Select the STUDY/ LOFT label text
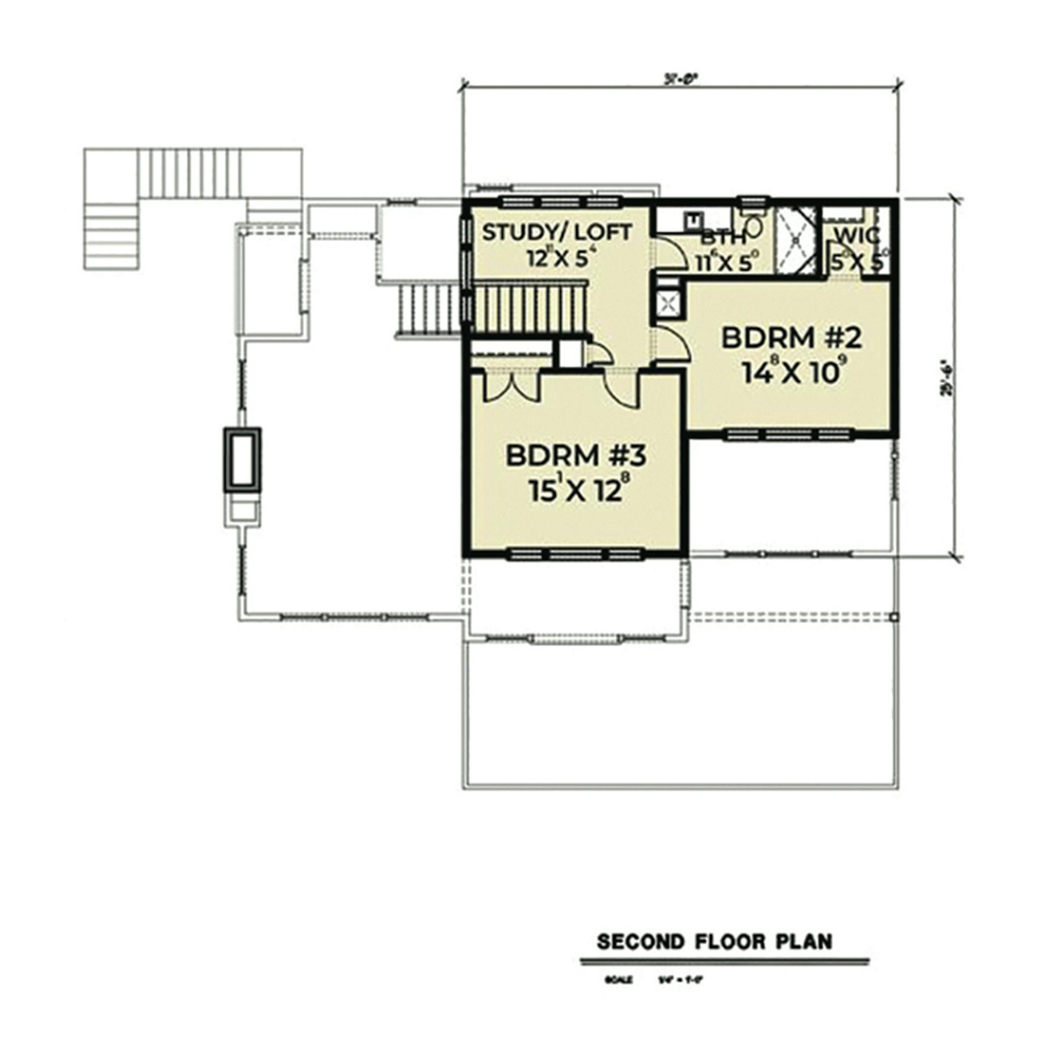coord(557,233)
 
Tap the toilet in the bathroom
coord(754,226)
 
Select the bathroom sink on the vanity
coord(694,219)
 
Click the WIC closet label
coord(856,235)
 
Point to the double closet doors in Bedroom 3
coord(512,388)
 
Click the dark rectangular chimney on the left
coord(242,459)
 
